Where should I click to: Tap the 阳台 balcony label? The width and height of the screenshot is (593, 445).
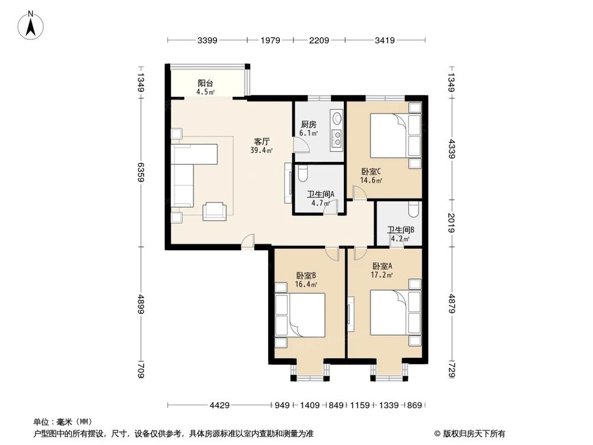206,83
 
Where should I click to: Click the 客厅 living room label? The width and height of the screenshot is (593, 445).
262,142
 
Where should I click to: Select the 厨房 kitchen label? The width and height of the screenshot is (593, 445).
308,125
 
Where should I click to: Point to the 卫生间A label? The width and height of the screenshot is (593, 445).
321,194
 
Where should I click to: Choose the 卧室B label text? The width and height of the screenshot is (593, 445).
306,275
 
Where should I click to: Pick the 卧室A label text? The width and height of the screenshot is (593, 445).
382,266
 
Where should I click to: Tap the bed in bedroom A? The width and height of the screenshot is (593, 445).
389,313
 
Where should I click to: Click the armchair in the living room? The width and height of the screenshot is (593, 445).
214,211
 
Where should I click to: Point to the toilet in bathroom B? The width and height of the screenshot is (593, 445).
414,209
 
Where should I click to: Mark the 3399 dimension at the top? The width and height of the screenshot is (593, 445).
208,40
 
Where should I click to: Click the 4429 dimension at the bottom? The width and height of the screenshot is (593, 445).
219,405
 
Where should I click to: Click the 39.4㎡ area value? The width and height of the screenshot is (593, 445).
262,151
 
